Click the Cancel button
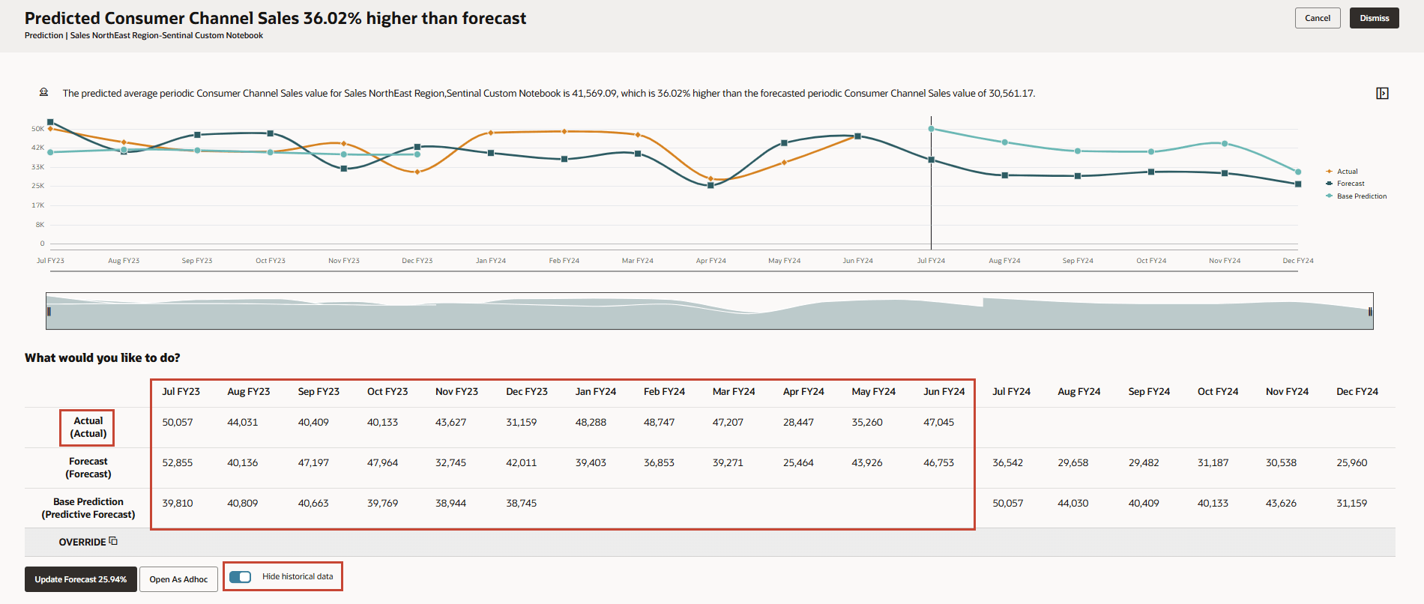1317,18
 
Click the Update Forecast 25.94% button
81,579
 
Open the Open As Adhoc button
178,579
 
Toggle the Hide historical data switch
241,577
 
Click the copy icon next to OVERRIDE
113,541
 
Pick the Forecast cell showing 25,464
798,463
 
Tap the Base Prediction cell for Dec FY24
1351,504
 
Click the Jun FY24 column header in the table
944,392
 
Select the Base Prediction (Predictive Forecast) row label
88,508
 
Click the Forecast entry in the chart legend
1351,184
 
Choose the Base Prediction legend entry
1361,196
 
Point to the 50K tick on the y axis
37,129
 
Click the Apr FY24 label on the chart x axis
711,261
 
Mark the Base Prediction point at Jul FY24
932,129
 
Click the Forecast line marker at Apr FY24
711,185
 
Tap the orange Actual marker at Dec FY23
417,172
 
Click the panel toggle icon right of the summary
1382,94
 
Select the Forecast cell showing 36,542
1007,463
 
